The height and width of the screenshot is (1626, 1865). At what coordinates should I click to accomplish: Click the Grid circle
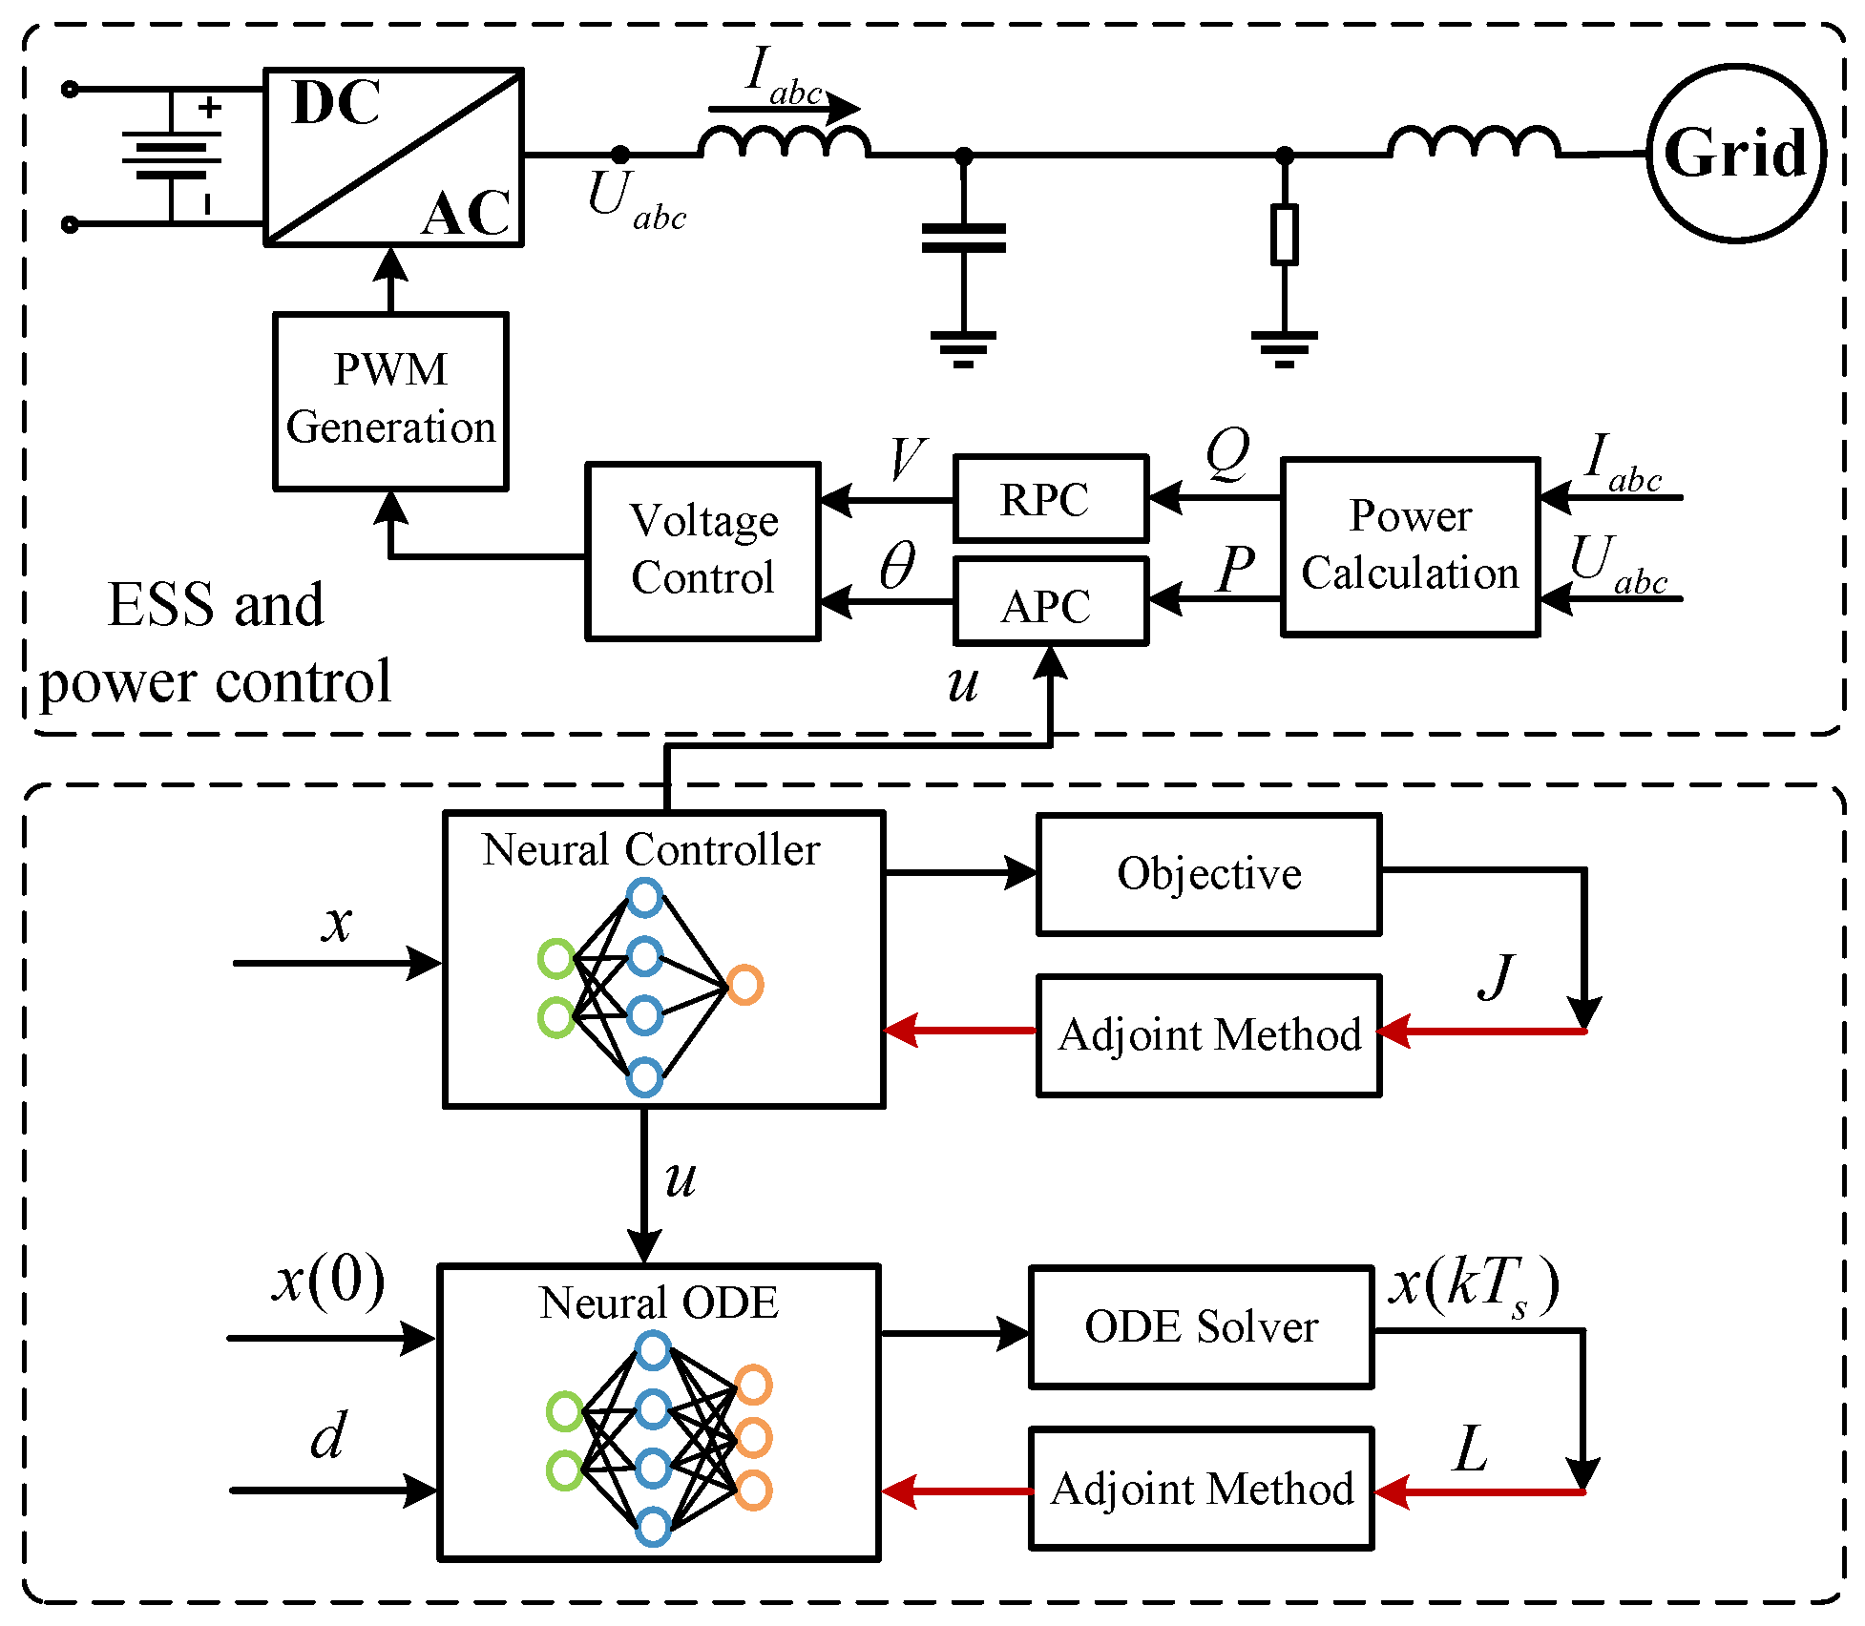1735,153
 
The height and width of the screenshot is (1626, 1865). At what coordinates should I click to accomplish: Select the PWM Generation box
390,401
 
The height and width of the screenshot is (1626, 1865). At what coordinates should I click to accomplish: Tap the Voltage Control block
703,551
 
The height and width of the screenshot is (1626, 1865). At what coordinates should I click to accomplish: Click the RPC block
1050,498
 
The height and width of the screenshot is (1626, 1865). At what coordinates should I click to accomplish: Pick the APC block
1050,603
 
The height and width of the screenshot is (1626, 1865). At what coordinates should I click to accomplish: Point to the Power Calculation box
1410,547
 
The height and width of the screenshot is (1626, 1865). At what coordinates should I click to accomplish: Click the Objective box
1208,874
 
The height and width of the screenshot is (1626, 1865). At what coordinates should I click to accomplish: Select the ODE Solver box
1201,1326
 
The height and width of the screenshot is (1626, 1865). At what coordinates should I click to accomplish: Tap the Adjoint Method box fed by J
1208,1035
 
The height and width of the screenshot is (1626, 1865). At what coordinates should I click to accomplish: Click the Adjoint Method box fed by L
1201,1489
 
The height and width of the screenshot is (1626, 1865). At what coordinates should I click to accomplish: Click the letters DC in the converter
336,103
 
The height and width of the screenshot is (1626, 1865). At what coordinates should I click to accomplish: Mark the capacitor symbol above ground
963,238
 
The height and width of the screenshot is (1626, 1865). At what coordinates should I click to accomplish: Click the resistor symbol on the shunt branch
1285,235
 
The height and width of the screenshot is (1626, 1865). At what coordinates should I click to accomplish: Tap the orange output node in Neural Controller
744,985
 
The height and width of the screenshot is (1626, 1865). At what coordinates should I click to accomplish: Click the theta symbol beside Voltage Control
896,566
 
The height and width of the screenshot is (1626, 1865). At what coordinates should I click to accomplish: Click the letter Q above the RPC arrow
1227,453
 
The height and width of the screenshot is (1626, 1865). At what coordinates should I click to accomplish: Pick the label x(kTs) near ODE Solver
1473,1284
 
